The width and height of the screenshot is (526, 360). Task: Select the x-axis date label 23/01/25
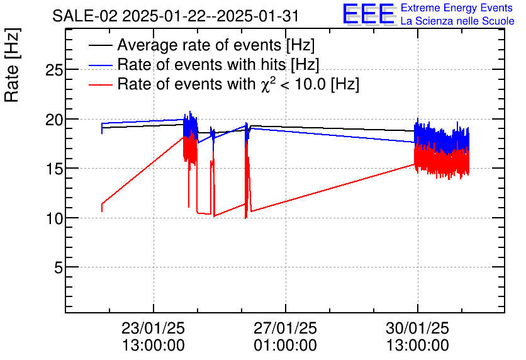click(x=153, y=329)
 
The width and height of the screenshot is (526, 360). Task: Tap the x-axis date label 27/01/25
click(x=285, y=329)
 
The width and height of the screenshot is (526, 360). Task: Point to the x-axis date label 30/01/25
click(x=417, y=329)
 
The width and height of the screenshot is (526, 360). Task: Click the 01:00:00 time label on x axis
click(x=285, y=345)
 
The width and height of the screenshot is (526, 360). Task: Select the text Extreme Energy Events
click(x=457, y=8)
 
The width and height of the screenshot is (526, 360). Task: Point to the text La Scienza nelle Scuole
click(x=457, y=21)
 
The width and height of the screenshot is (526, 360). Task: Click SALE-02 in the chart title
click(x=84, y=16)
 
